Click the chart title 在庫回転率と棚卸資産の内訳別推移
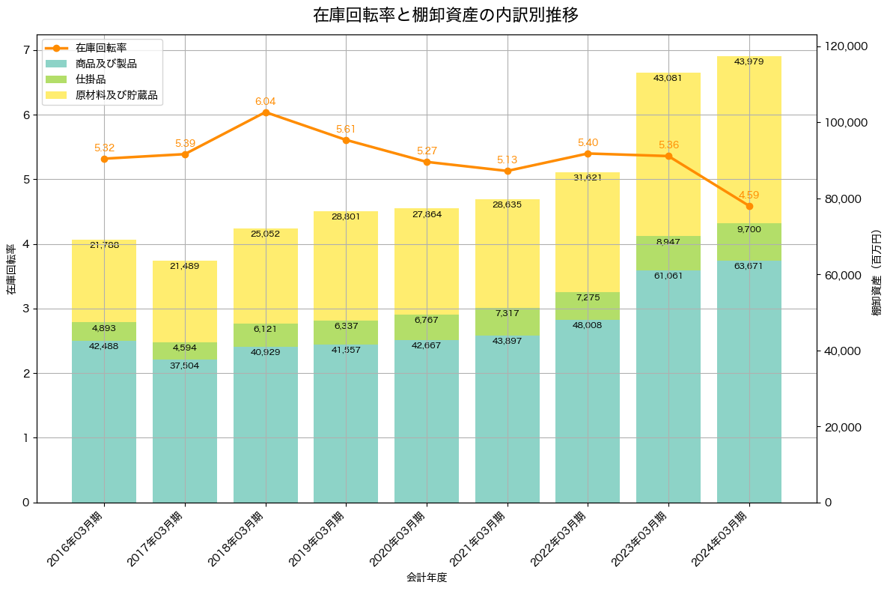click(x=445, y=15)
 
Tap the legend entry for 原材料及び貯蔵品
click(x=116, y=96)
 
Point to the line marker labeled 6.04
click(x=266, y=112)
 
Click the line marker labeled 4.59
click(x=749, y=206)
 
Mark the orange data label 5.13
click(x=507, y=160)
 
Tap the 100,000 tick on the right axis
click(x=846, y=123)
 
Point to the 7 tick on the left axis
click(x=26, y=50)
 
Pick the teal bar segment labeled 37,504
click(x=185, y=434)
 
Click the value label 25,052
click(x=266, y=234)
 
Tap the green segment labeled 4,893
click(x=104, y=332)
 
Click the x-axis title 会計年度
click(x=427, y=578)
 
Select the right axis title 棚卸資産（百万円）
click(x=877, y=273)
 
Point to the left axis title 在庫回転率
click(x=10, y=270)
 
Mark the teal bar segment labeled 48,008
click(x=588, y=412)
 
